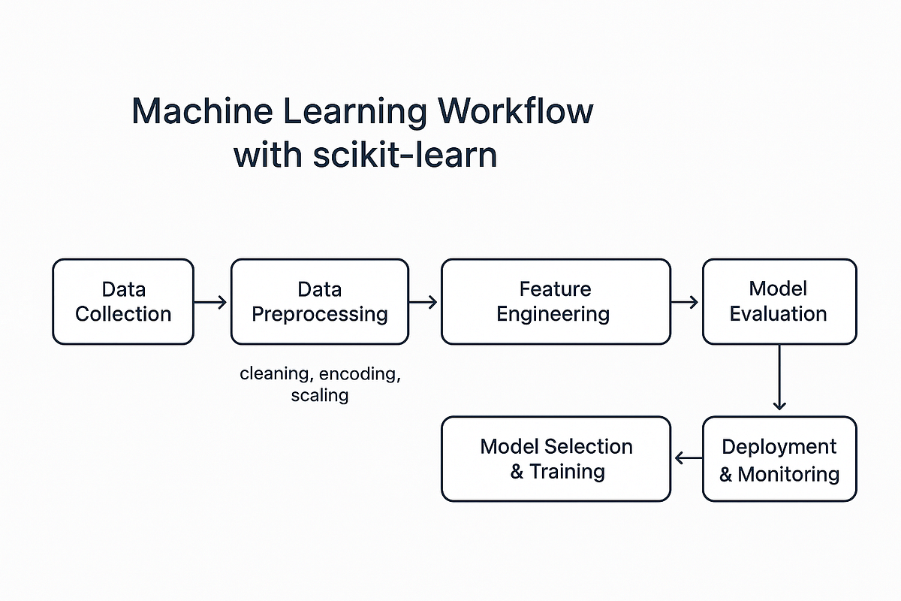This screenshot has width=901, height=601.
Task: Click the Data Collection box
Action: (x=123, y=301)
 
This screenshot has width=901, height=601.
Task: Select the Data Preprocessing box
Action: (x=319, y=301)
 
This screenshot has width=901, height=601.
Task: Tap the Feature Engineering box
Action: (x=555, y=301)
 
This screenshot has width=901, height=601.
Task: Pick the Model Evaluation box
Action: (x=779, y=301)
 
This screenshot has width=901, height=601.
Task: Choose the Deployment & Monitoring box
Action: (x=779, y=459)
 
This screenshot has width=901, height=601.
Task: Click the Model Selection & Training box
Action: (x=555, y=459)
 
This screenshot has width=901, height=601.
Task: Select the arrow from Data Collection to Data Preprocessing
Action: (x=211, y=302)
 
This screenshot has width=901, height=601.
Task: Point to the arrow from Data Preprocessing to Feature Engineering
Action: (x=423, y=302)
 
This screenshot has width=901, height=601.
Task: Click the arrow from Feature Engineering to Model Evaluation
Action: (x=685, y=302)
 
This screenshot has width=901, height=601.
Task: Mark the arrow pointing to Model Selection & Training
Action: (x=687, y=458)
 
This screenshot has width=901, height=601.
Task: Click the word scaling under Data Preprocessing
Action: (x=319, y=395)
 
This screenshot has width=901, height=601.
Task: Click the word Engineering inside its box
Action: (x=553, y=314)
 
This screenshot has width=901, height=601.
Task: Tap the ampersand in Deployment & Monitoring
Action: (x=726, y=474)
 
